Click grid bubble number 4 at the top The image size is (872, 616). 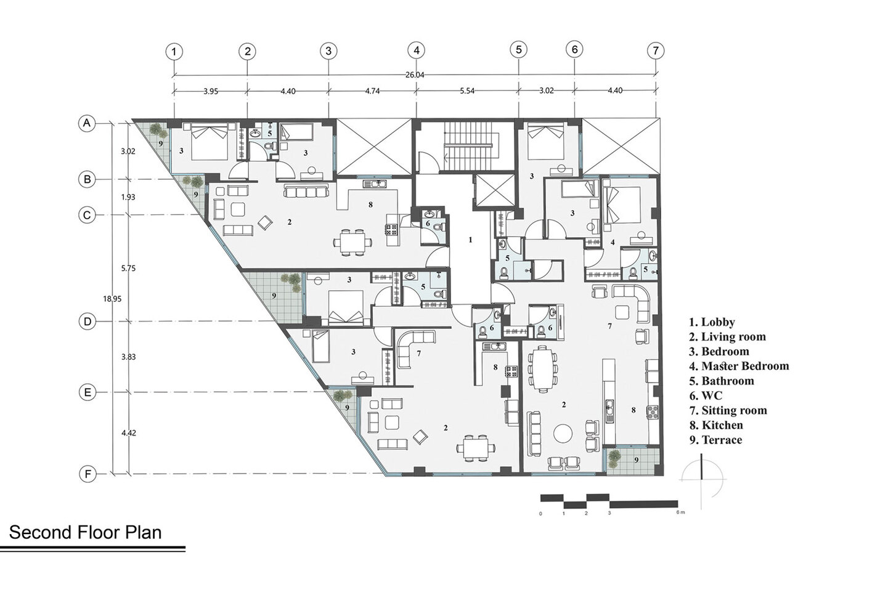tap(417, 51)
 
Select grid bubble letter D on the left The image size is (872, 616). tap(88, 322)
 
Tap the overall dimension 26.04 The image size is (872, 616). tap(415, 75)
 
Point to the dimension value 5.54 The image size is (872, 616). tap(467, 91)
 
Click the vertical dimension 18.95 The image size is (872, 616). tap(112, 299)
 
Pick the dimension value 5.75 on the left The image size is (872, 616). tap(128, 268)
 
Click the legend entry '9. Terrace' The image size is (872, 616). tap(715, 440)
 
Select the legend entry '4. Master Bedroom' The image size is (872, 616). tap(739, 366)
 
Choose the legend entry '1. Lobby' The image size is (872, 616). tap(712, 322)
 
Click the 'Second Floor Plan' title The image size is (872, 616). tap(85, 532)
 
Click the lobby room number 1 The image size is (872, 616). tap(470, 240)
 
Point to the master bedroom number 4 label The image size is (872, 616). tap(613, 243)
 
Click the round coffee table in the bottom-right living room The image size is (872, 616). tap(563, 432)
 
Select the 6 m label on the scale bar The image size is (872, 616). tap(680, 512)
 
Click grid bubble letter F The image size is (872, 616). tap(88, 474)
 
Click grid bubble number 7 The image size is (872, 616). tap(656, 51)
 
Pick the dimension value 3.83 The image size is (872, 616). tap(128, 357)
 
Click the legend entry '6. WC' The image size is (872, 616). tap(706, 395)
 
